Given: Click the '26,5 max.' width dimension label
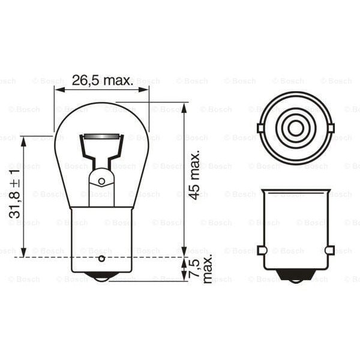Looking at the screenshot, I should click(x=102, y=80).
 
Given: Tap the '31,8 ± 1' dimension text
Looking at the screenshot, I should click(x=15, y=193).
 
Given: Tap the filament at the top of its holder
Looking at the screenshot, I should click(x=101, y=138).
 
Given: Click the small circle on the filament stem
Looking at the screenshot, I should click(x=101, y=181).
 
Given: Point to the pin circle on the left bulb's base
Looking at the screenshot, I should click(x=101, y=259).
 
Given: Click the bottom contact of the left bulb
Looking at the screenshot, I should click(x=101, y=277).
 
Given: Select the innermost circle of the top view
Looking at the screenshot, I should click(x=295, y=128).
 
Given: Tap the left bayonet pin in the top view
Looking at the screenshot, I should click(x=260, y=128).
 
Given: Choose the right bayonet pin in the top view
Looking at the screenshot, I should click(x=331, y=128).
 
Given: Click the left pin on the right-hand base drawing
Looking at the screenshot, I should click(x=261, y=250).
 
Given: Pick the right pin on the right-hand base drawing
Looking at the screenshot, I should click(x=329, y=250).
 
